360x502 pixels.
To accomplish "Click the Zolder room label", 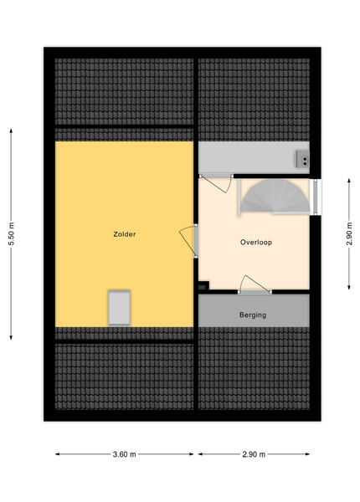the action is pyautogui.click(x=124, y=234).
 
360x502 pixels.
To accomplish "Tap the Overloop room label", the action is pyautogui.click(x=256, y=243).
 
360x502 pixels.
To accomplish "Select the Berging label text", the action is pyautogui.click(x=253, y=315).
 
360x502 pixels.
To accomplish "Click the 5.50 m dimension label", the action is pyautogui.click(x=11, y=234).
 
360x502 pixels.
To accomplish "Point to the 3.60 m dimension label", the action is pyautogui.click(x=124, y=454).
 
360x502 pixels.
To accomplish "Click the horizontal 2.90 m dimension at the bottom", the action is pyautogui.click(x=254, y=454).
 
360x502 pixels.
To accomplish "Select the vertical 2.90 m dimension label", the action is pyautogui.click(x=349, y=234).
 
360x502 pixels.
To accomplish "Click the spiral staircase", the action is pyautogui.click(x=275, y=197).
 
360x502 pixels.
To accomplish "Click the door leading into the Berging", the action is pyautogui.click(x=255, y=285).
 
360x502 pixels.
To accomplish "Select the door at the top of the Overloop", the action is pyautogui.click(x=216, y=182).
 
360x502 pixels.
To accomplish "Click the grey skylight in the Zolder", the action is pyautogui.click(x=119, y=308).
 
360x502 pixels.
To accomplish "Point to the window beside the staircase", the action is pyautogui.click(x=315, y=197).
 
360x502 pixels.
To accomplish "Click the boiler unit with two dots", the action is pyautogui.click(x=303, y=159).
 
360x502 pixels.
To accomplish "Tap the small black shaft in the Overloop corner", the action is pyautogui.click(x=203, y=285).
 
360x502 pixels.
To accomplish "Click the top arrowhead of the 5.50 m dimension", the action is pyautogui.click(x=11, y=131).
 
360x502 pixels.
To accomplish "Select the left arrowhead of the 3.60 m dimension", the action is pyautogui.click(x=57, y=454).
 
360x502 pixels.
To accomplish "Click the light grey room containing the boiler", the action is pyautogui.click(x=254, y=157).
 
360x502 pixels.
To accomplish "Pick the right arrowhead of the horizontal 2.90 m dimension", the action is pyautogui.click(x=307, y=454).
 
